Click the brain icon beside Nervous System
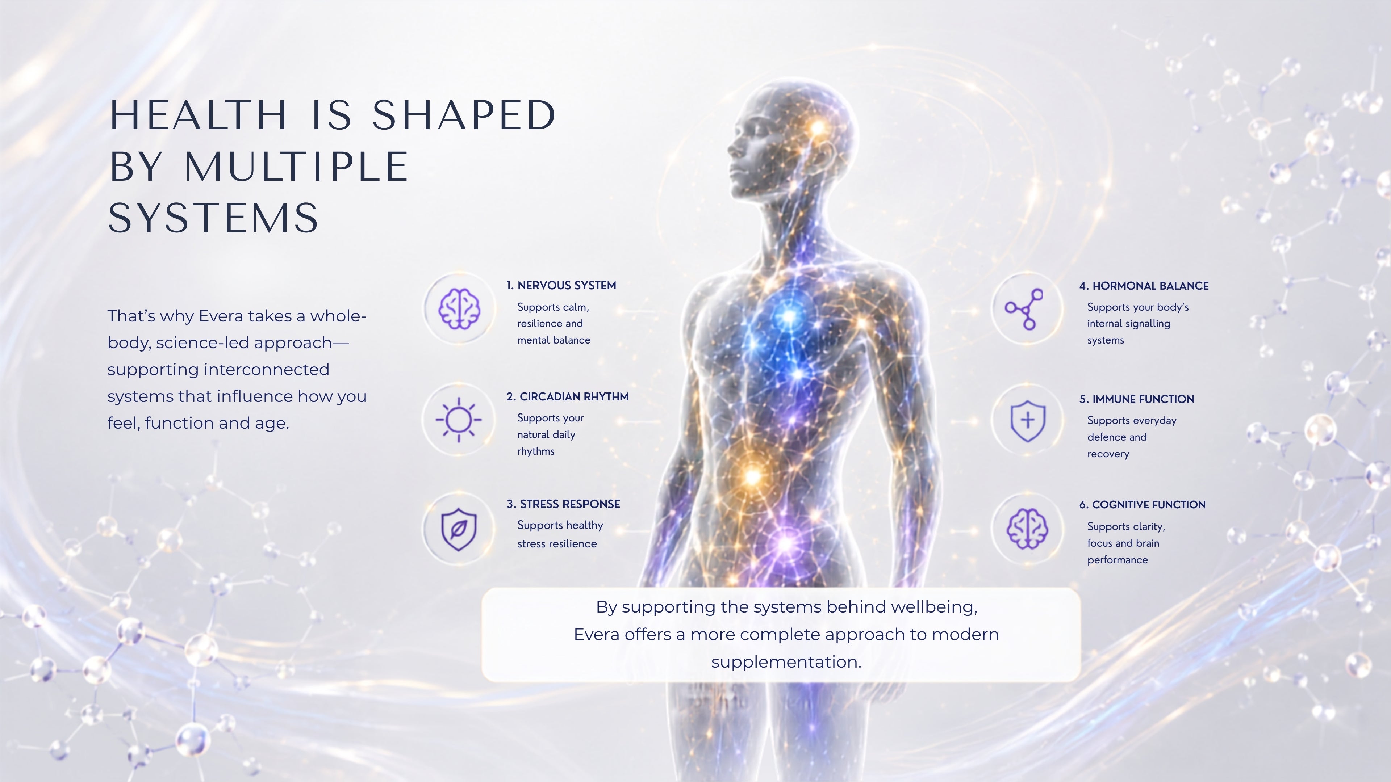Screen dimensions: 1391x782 coord(459,308)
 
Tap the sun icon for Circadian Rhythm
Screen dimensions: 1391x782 coord(459,419)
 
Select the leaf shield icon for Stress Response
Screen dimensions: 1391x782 coord(459,529)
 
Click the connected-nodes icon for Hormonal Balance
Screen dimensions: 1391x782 coord(1024,309)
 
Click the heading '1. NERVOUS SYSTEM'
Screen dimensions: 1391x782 coord(561,286)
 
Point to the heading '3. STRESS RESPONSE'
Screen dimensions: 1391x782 coord(563,504)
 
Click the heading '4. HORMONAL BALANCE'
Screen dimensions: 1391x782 coord(1144,286)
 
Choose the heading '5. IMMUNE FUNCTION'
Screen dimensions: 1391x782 coord(1137,399)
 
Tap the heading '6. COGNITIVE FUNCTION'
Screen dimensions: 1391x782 coord(1142,505)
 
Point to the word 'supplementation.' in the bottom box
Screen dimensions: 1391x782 coord(786,662)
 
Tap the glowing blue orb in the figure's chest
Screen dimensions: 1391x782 coord(789,317)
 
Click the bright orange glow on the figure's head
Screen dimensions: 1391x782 coord(818,128)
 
